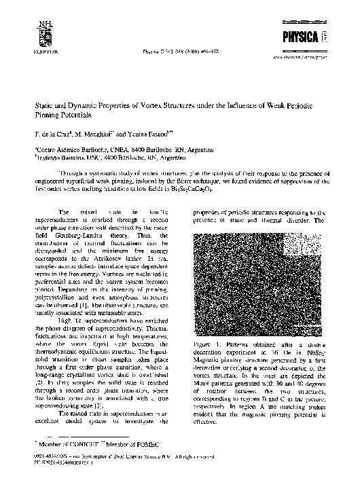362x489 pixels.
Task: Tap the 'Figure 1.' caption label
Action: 204,346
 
